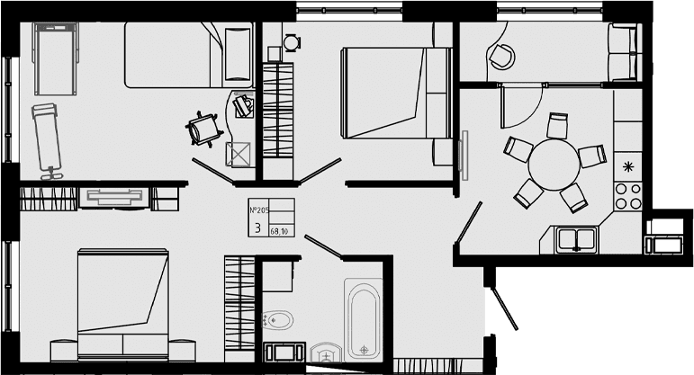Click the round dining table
(554, 165)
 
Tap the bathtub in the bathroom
(364, 319)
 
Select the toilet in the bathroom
(277, 319)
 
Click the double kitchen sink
(576, 240)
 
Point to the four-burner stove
(628, 196)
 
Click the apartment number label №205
(259, 210)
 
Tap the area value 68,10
(279, 231)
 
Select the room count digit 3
(258, 228)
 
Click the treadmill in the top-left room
(56, 58)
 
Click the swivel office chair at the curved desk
(204, 129)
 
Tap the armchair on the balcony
(501, 56)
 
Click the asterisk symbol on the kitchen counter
(627, 166)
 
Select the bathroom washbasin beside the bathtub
(326, 353)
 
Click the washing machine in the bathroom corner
(284, 352)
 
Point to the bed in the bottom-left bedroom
(122, 304)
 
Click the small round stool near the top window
(292, 43)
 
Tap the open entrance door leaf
(504, 308)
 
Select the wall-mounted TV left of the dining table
(464, 156)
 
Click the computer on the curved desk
(243, 105)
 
